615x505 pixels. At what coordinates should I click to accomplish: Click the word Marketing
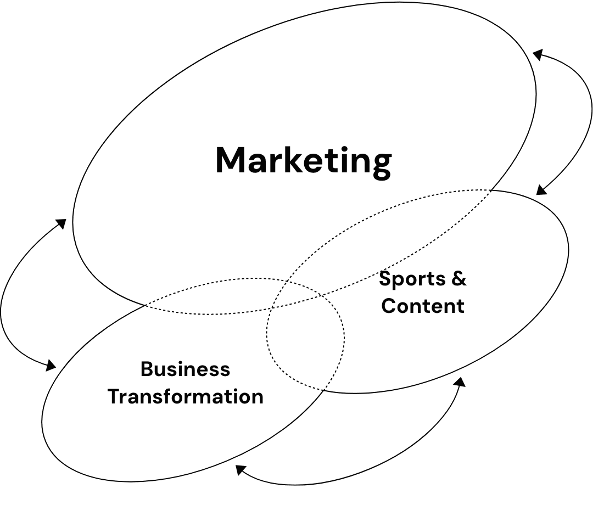tap(303, 160)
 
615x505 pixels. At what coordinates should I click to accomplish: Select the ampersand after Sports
tap(459, 279)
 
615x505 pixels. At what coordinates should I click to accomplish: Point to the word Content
tap(423, 305)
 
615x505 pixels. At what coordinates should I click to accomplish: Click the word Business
tap(185, 369)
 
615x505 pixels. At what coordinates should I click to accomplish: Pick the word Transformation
tap(185, 396)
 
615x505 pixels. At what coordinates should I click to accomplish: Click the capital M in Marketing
tap(231, 160)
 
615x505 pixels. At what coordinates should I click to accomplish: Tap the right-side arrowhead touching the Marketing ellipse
tap(538, 54)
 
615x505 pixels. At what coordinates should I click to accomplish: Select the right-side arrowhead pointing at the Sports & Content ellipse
tap(541, 190)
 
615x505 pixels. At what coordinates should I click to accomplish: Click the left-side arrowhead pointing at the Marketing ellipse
tap(62, 223)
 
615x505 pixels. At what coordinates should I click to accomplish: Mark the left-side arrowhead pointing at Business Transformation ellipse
tap(51, 364)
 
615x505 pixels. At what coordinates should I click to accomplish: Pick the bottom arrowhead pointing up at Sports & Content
tap(460, 381)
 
